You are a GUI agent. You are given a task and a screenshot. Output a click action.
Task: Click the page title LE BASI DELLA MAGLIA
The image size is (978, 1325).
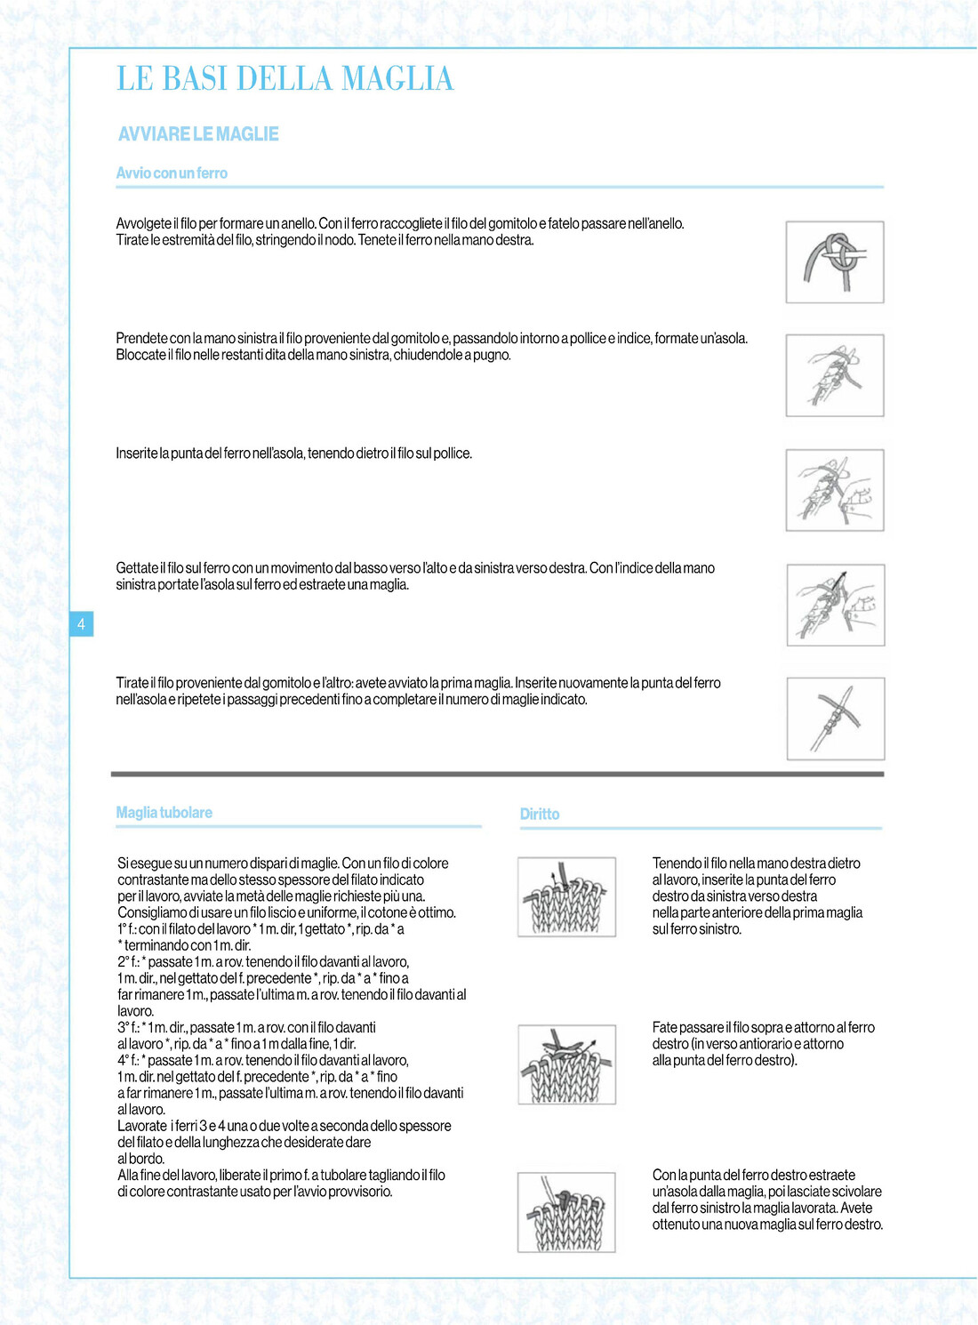click(x=285, y=79)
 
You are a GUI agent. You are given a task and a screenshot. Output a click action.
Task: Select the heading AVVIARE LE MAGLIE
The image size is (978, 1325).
click(x=198, y=134)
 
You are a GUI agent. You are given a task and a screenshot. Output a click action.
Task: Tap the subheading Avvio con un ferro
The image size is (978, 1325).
click(x=172, y=173)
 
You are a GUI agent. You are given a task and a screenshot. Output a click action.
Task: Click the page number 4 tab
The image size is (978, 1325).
click(x=81, y=624)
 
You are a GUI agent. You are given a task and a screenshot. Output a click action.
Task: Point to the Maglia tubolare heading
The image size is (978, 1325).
click(x=164, y=813)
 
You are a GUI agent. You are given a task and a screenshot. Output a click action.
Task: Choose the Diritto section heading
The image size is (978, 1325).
click(x=540, y=815)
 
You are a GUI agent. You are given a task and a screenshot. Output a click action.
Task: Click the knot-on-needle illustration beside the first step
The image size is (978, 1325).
click(x=835, y=262)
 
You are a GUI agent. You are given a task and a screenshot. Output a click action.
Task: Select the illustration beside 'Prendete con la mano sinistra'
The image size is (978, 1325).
click(x=835, y=375)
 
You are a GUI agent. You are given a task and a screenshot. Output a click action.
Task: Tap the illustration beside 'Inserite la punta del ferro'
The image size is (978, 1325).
click(x=835, y=490)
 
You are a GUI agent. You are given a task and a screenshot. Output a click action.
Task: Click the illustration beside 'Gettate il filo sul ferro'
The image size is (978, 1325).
click(x=836, y=605)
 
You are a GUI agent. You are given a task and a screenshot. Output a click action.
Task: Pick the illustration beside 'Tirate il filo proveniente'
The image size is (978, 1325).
click(x=836, y=719)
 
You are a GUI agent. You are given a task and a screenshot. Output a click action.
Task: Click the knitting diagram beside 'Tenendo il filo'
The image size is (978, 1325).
click(x=567, y=896)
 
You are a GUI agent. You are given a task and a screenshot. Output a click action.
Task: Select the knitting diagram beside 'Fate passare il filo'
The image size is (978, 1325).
click(x=567, y=1064)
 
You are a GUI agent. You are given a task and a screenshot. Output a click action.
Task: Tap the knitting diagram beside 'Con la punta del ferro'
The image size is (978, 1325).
click(x=567, y=1212)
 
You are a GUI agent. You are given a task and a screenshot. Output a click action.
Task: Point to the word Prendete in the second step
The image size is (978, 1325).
click(x=141, y=339)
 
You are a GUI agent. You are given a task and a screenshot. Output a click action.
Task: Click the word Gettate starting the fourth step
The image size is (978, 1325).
click(x=136, y=568)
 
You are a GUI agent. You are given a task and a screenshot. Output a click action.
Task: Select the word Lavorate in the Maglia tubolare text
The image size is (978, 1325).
click(x=142, y=1127)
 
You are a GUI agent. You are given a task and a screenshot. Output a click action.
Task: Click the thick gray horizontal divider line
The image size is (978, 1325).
click(x=498, y=775)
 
